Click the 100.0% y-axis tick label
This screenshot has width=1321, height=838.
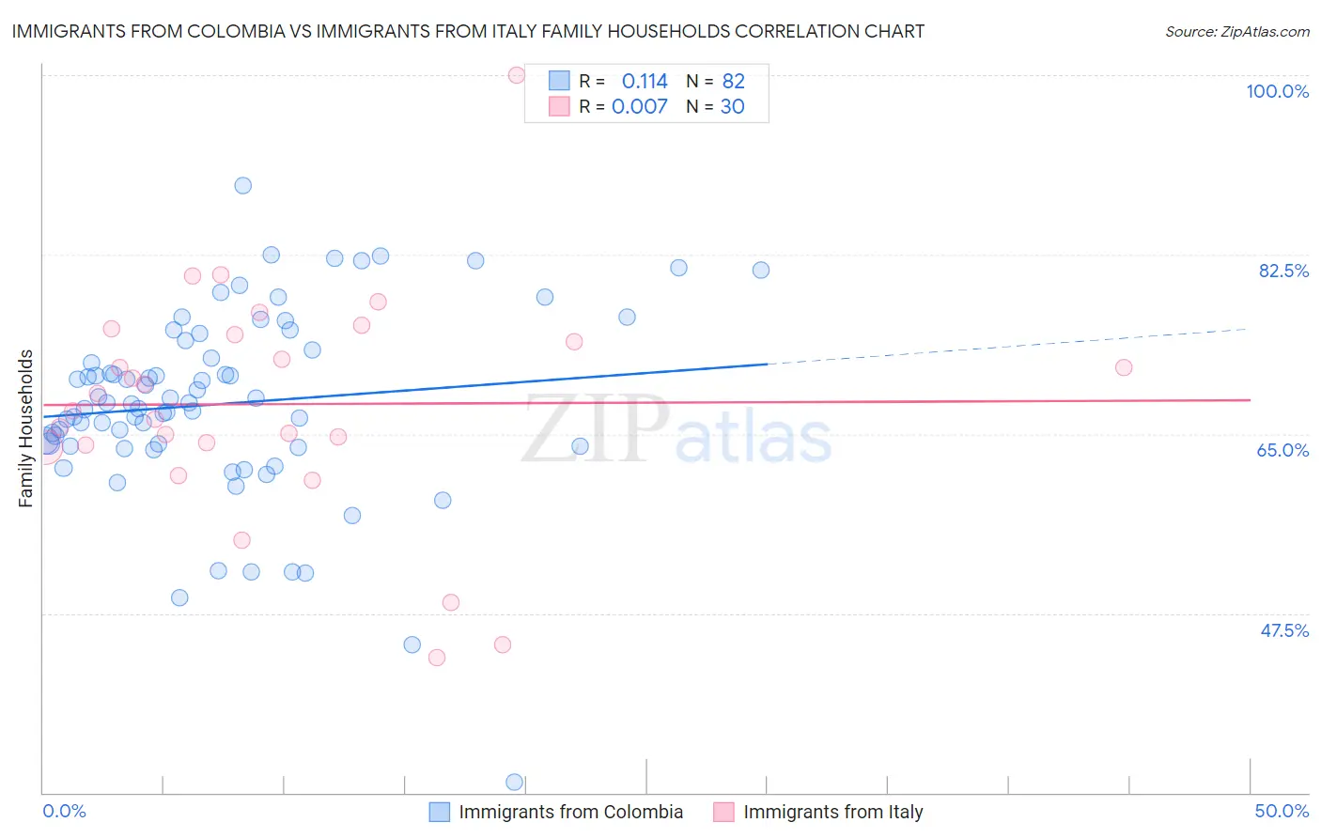1277,91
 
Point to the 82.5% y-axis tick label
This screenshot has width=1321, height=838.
1283,271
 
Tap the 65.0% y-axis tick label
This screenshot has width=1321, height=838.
1282,450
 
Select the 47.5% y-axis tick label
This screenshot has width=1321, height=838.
1284,630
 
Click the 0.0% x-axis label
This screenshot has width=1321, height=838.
64,811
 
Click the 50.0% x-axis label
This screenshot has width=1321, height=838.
1282,811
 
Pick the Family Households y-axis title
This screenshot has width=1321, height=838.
26,428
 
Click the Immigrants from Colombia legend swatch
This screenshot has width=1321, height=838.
439,812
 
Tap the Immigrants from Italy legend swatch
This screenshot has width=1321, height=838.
723,812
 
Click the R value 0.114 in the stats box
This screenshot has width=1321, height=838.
645,81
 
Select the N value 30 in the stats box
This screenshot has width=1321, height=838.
732,107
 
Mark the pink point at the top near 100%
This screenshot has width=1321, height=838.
516,75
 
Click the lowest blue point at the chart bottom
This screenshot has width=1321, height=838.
514,782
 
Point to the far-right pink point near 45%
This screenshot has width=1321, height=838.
1124,367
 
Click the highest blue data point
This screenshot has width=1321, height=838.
242,185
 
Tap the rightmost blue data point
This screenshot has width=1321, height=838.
761,270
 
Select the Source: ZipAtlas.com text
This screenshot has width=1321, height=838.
1236,31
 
